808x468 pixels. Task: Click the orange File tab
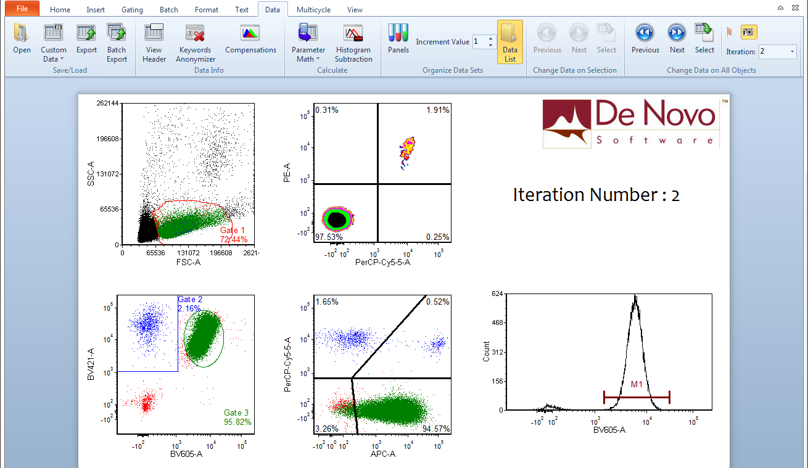tap(22, 9)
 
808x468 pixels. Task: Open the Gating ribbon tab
tap(132, 10)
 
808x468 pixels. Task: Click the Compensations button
tap(250, 41)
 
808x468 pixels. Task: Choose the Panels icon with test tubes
tap(398, 39)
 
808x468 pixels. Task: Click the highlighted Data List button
tap(509, 42)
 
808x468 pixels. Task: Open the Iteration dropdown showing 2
tap(777, 52)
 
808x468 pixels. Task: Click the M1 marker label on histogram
tap(637, 384)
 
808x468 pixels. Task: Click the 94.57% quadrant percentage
tap(437, 429)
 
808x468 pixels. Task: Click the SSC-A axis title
tap(91, 174)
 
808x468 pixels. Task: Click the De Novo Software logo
tap(631, 123)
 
